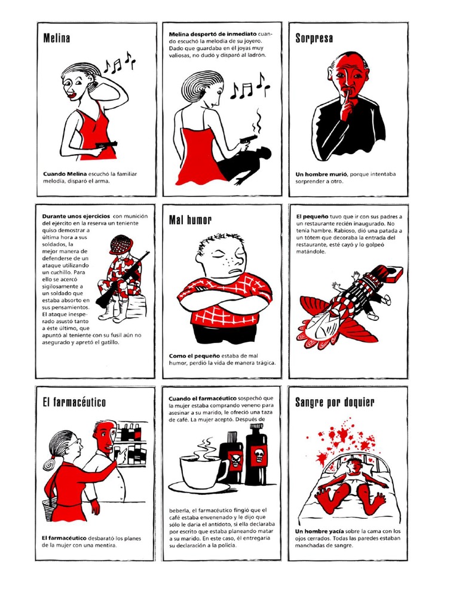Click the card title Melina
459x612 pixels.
[57, 38]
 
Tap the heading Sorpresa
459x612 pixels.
[314, 38]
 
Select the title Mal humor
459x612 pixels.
[190, 220]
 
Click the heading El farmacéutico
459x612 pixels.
[74, 402]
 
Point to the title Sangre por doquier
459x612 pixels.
[335, 402]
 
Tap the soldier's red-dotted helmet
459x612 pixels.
[121, 244]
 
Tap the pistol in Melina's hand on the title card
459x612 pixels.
[105, 145]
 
